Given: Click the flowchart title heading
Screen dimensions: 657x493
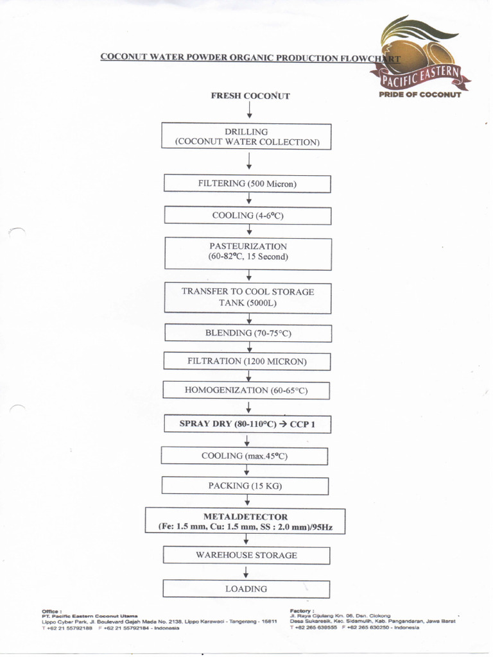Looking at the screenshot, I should click(250, 57).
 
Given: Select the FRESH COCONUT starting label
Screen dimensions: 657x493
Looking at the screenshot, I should click(250, 96).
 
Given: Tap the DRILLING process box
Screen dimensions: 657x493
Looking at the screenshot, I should click(247, 137).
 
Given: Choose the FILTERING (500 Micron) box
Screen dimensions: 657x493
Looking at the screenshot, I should click(247, 183).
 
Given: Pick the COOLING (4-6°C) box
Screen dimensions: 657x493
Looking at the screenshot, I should click(247, 216).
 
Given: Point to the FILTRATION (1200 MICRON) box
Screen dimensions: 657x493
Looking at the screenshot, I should click(247, 361).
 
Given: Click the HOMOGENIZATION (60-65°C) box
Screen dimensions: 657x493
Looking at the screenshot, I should click(247, 390).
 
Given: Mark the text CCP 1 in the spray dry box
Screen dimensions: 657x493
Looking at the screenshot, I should click(302, 424).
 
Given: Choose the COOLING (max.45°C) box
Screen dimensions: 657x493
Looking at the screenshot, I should click(244, 456).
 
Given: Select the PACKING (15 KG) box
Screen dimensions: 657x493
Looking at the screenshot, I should click(245, 486).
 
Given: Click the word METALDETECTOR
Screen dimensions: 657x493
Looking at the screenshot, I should click(245, 516).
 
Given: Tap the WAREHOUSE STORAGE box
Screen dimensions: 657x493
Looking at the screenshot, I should click(246, 555).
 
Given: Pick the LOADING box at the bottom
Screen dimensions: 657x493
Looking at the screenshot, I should click(246, 588).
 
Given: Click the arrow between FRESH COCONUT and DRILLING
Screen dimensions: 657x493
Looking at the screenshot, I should click(249, 112).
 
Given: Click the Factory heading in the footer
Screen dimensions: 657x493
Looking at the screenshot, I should click(302, 611).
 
